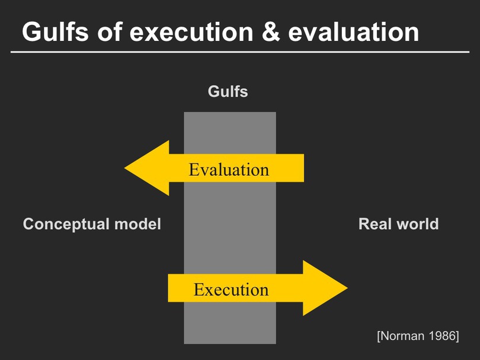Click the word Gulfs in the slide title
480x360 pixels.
(x=56, y=31)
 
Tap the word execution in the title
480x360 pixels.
(x=191, y=32)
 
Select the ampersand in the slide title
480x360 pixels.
(x=271, y=32)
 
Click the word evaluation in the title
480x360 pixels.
(x=354, y=32)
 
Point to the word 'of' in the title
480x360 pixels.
(x=110, y=31)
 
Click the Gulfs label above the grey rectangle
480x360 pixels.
(x=228, y=91)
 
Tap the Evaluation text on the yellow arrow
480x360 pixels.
(x=229, y=169)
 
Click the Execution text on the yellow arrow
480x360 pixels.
(x=231, y=290)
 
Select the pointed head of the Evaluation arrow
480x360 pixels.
(x=124, y=168)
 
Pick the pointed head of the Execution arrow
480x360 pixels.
(x=347, y=288)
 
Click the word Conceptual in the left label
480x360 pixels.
(x=66, y=224)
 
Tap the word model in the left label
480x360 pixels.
(x=137, y=224)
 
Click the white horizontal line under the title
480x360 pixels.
(x=240, y=52)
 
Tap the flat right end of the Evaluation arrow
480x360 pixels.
(x=303, y=168)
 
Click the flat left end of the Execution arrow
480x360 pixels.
(x=168, y=288)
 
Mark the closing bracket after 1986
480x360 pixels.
(x=457, y=336)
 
